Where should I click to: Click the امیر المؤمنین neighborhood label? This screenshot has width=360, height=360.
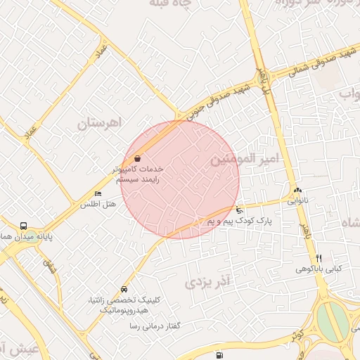(245, 160)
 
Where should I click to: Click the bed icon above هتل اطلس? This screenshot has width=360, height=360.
(98, 194)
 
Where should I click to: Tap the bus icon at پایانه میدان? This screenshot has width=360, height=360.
(24, 226)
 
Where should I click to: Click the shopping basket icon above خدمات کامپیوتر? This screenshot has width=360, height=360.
(136, 159)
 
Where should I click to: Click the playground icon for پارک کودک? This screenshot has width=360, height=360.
(240, 210)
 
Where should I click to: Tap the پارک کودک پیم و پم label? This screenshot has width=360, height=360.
(239, 221)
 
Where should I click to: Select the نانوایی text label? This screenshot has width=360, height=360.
(297, 200)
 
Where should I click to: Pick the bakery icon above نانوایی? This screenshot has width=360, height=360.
(297, 190)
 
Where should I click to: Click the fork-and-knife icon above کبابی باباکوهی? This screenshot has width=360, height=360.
(318, 258)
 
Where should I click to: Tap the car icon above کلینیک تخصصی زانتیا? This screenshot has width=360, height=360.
(124, 289)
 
